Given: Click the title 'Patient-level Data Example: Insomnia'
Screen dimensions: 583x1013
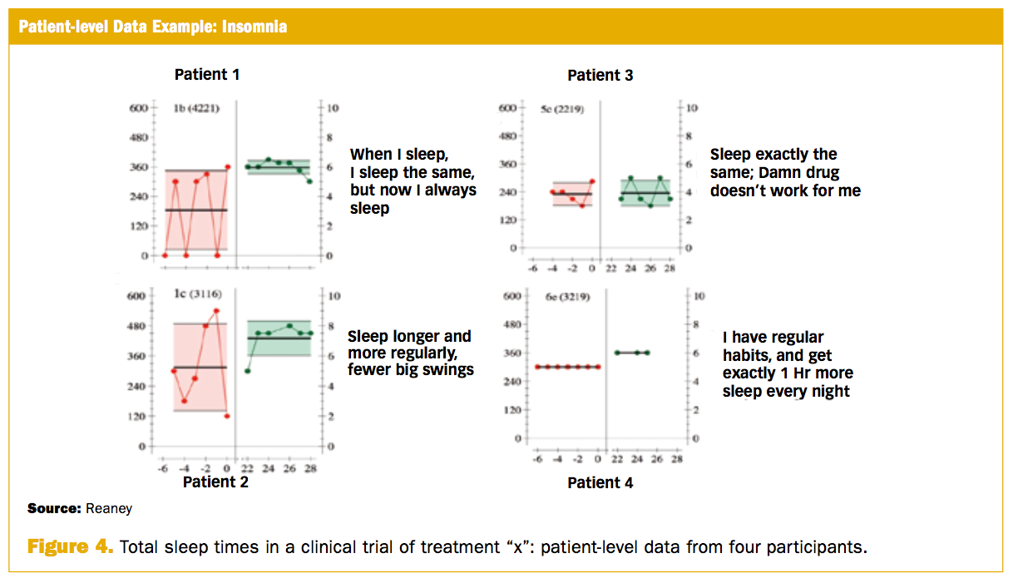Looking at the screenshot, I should click(152, 27).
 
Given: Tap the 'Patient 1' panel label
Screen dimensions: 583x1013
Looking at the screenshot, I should click(207, 75).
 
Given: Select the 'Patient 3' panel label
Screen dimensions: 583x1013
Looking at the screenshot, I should click(600, 76).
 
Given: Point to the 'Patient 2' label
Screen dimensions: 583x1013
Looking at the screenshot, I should click(215, 482).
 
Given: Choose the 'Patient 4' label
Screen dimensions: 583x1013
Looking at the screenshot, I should click(600, 482).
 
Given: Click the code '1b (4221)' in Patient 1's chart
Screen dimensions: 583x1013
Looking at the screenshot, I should click(196, 108).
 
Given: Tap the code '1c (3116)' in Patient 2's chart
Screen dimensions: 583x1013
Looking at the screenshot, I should click(197, 295).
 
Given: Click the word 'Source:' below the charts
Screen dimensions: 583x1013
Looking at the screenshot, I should click(53, 508).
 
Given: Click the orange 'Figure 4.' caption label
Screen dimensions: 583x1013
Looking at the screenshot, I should click(70, 547).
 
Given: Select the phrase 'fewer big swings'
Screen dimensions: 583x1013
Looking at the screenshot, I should click(411, 369).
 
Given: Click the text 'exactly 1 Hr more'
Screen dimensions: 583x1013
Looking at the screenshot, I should click(788, 373).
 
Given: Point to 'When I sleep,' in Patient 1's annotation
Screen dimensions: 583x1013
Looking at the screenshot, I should click(398, 155).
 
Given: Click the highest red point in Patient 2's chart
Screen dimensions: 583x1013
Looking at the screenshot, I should click(216, 311).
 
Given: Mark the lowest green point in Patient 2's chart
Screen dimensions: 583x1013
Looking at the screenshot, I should click(248, 371).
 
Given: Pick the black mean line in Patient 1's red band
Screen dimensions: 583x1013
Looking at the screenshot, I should click(196, 210).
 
